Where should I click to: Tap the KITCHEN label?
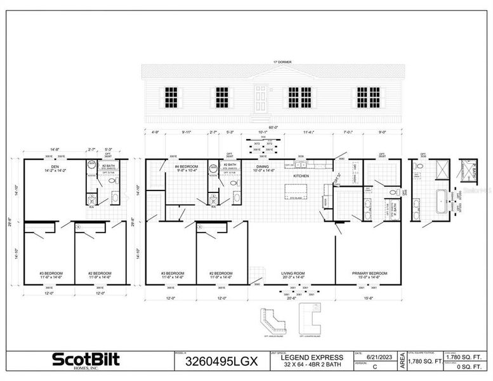301,175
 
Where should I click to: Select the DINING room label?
263,166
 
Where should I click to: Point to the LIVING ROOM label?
293,274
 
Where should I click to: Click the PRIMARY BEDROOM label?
369,274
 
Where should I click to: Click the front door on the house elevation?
261,98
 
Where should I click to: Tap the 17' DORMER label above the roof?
273,62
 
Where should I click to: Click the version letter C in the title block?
376,367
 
